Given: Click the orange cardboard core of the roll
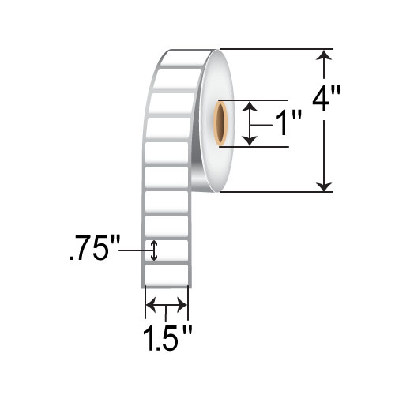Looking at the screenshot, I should (x=220, y=122).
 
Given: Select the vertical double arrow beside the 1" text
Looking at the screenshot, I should (x=250, y=122).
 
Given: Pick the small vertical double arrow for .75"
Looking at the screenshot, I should (x=155, y=251).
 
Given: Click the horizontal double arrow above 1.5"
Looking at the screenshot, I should (x=166, y=304).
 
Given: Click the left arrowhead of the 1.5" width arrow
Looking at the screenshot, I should (x=149, y=304).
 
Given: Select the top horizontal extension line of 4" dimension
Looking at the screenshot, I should (x=276, y=50).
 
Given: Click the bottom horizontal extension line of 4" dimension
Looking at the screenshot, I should (x=276, y=191).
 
